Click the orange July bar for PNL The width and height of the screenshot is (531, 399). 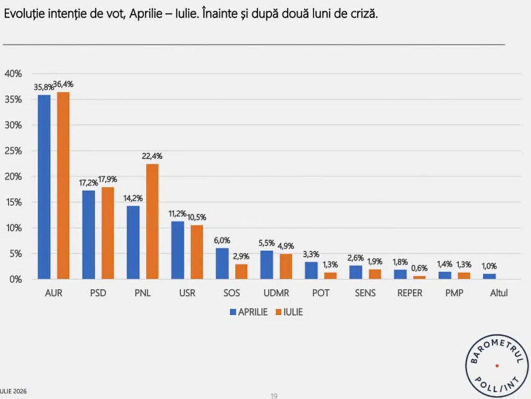(x=152, y=222)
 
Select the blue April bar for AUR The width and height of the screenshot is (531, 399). (x=44, y=187)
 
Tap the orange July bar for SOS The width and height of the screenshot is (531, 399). (x=241, y=272)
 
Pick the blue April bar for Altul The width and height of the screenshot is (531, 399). (x=490, y=277)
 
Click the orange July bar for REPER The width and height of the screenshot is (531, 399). (x=419, y=278)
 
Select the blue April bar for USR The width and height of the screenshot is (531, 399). (x=178, y=250)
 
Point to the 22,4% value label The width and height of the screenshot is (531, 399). (x=152, y=156)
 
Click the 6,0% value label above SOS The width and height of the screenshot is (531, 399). (x=222, y=240)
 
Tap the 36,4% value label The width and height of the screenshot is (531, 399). (x=64, y=85)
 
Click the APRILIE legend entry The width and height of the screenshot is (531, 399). (x=248, y=312)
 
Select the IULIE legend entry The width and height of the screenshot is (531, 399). (x=289, y=312)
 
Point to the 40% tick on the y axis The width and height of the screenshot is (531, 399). (x=13, y=74)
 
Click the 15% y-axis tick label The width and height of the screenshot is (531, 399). (x=13, y=202)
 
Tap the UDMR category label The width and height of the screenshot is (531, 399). (x=276, y=293)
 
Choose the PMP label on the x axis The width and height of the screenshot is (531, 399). (x=454, y=293)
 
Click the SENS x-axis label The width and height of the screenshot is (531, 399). (x=365, y=293)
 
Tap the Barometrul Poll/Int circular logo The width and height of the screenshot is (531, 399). (x=497, y=366)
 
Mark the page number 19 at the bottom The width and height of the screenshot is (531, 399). (x=274, y=395)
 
